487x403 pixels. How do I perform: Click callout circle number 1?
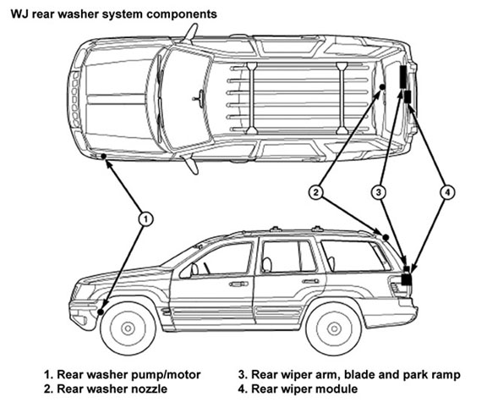[x=145, y=219]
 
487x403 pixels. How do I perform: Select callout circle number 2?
[x=316, y=192]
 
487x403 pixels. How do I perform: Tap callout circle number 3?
[x=379, y=192]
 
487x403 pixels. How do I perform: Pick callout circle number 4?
[x=447, y=192]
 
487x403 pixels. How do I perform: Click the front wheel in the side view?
[x=128, y=328]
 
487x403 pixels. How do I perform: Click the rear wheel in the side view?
[x=334, y=328]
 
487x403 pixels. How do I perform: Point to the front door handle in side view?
[x=238, y=284]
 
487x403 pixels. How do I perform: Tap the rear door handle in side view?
[x=311, y=281]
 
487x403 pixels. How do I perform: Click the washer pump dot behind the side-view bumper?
[x=101, y=312]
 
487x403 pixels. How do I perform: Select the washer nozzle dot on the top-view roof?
[x=383, y=87]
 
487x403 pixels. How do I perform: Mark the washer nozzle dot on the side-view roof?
[x=386, y=238]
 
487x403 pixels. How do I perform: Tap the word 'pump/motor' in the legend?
[x=166, y=375]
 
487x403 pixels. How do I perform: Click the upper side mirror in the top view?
[x=191, y=32]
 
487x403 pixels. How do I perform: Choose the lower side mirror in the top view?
[x=191, y=164]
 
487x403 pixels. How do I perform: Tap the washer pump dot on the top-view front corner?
[x=103, y=156]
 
